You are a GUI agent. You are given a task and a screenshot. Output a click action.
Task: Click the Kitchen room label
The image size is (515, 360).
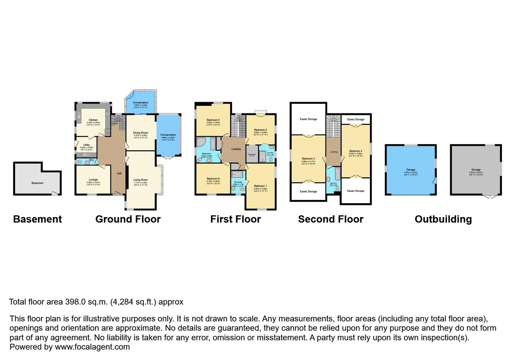pos(93,120)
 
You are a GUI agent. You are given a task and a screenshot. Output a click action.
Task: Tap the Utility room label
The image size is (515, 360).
pos(86,145)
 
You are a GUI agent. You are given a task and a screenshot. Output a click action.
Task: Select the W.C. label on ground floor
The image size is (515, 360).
pos(92,160)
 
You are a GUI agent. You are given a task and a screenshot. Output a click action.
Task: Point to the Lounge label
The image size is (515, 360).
pos(93,180)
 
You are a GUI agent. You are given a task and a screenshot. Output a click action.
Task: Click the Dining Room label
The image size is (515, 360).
pos(140,133)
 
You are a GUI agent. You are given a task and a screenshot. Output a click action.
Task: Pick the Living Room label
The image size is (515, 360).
pos(140,180)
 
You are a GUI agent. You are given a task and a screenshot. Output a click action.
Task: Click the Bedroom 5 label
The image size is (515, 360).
pos(213,120)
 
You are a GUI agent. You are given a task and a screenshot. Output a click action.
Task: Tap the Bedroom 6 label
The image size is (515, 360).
pos(213,179)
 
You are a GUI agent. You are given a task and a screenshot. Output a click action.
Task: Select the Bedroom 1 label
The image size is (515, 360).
pos(261,186)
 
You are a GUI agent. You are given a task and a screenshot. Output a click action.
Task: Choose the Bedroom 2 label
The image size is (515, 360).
pos(261,130)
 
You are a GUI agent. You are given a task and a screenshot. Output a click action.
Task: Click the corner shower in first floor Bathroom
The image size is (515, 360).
pos(201,143)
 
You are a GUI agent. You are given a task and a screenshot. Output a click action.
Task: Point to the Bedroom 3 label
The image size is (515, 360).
pos(308,159)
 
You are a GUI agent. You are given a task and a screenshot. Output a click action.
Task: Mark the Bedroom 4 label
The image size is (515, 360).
pos(356,151)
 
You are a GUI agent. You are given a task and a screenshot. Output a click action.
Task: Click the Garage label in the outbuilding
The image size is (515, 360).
pos(411,170)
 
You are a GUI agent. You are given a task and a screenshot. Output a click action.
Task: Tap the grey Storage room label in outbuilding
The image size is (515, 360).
pos(476,170)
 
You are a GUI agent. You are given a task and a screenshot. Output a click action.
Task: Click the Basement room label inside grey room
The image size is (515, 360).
pos(37,183)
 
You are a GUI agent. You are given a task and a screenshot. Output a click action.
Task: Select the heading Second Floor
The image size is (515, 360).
pos(331,219)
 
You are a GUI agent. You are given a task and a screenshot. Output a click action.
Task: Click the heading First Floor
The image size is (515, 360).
pos(235,219)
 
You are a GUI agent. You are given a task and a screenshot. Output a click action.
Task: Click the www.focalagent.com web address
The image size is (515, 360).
pos(92,347)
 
